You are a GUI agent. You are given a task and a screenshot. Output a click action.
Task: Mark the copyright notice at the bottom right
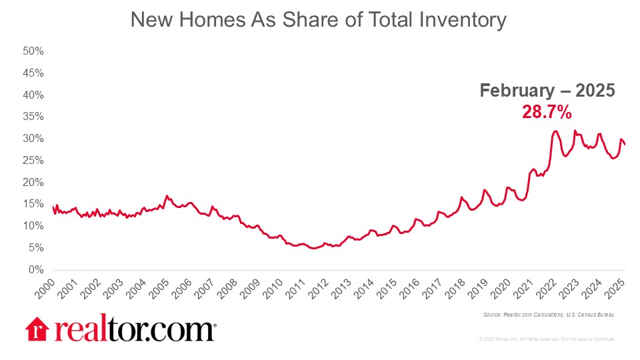[x=547, y=339]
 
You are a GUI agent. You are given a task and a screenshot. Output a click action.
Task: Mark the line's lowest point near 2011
[x=313, y=248]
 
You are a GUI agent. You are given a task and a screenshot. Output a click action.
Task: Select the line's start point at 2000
[x=53, y=207]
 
